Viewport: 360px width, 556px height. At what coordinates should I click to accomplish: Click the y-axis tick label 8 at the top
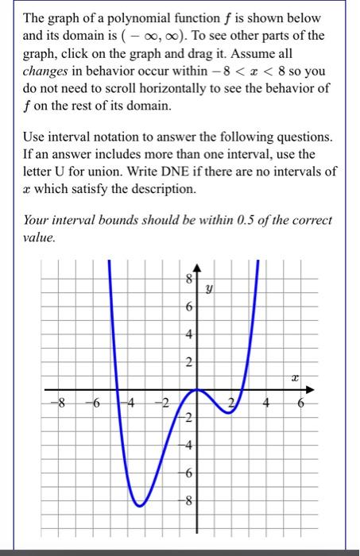pyautogui.click(x=188, y=280)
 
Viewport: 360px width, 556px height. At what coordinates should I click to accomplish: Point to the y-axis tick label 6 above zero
pyautogui.click(x=188, y=307)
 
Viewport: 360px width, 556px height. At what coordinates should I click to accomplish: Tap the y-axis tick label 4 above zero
pyautogui.click(x=188, y=335)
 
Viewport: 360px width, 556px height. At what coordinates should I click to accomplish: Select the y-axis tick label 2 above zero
pyautogui.click(x=188, y=363)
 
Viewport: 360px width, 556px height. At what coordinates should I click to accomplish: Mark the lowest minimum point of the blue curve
pyautogui.click(x=138, y=504)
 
